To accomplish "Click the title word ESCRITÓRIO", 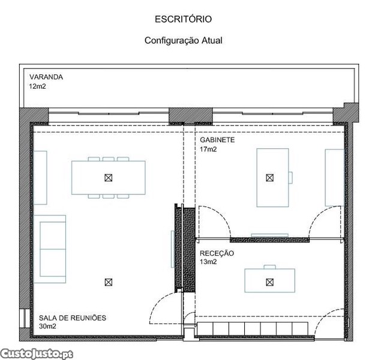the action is pyautogui.click(x=183, y=19).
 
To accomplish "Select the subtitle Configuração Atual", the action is pyautogui.click(x=183, y=40).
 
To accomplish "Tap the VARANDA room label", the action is pyautogui.click(x=46, y=77).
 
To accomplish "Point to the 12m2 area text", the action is pyautogui.click(x=37, y=86).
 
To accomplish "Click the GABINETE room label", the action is pyautogui.click(x=217, y=140).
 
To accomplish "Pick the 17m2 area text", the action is pyautogui.click(x=208, y=149).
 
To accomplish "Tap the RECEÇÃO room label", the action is pyautogui.click(x=217, y=253).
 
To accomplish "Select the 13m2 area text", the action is pyautogui.click(x=208, y=262).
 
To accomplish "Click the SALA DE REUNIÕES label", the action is pyautogui.click(x=73, y=318).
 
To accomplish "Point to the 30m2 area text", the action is pyautogui.click(x=47, y=326).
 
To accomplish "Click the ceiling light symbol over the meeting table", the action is pyautogui.click(x=109, y=178).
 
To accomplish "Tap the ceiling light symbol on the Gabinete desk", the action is pyautogui.click(x=270, y=178).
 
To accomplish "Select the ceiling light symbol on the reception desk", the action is pyautogui.click(x=270, y=282).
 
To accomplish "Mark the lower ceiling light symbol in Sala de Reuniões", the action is pyautogui.click(x=109, y=282).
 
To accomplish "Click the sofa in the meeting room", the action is pyautogui.click(x=50, y=249).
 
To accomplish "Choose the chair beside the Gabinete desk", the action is pyautogui.click(x=290, y=178).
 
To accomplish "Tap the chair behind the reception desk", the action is pyautogui.click(x=270, y=267).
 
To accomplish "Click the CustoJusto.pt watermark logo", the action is pyautogui.click(x=37, y=354).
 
